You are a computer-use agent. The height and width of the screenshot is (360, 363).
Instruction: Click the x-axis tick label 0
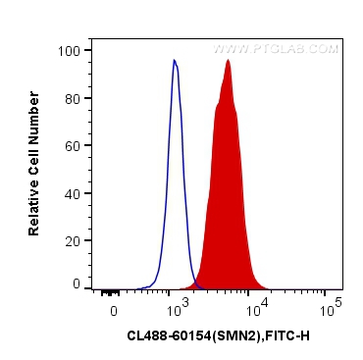coord(114,311)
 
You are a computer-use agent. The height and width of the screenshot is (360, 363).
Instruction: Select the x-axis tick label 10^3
coord(177,309)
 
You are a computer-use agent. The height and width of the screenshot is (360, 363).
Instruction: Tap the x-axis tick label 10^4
coord(254,309)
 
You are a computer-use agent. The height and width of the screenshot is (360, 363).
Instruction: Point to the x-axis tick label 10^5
coord(332,309)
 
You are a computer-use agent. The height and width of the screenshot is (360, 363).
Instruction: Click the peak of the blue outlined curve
coord(174,61)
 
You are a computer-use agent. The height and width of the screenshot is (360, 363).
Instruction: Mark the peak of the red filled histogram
coord(229,60)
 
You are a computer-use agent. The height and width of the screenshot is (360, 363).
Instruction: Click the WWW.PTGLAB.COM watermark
coord(276,48)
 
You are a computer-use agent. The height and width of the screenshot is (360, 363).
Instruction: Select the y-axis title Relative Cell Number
coord(34,163)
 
